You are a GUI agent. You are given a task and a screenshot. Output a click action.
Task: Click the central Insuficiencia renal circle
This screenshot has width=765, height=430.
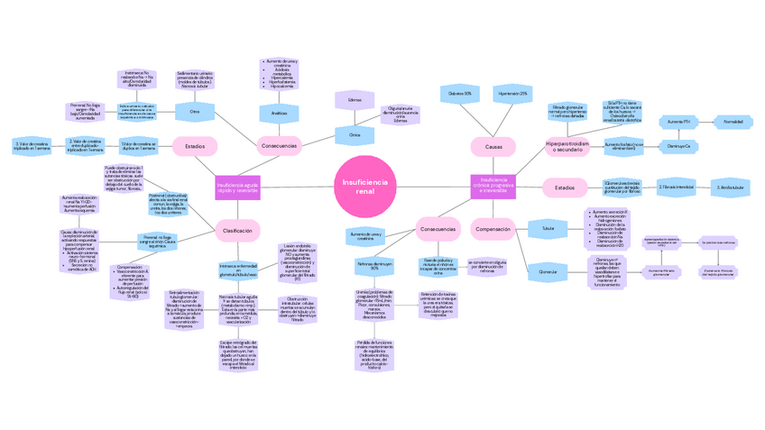[x=364, y=188]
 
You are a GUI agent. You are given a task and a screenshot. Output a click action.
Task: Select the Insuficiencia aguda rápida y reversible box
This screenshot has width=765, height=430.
[x=238, y=188]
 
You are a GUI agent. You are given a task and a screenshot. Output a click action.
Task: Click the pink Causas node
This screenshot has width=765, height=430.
[x=493, y=147]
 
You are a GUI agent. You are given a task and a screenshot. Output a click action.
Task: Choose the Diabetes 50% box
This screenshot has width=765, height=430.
[x=460, y=94]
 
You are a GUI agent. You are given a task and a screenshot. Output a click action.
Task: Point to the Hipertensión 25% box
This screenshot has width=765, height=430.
[x=512, y=94]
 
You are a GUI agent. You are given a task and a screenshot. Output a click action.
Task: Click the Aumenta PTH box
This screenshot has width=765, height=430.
[x=679, y=122]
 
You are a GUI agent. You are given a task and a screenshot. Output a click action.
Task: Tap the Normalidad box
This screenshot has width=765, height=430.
[x=733, y=122]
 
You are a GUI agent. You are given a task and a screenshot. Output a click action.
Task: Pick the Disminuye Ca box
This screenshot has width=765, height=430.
[x=679, y=146]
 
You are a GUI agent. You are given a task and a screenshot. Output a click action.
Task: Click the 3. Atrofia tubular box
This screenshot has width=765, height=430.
[x=730, y=188]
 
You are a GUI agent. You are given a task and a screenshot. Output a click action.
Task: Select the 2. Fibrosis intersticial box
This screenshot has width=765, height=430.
[x=677, y=188]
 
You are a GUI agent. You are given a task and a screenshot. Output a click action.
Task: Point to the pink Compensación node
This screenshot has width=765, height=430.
[x=493, y=229]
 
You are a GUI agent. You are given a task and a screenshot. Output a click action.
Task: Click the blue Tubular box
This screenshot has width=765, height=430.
[x=548, y=229]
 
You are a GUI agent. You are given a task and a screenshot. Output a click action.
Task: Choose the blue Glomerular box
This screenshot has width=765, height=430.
[x=548, y=270]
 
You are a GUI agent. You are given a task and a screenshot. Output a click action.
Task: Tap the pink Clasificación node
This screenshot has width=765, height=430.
[x=238, y=232]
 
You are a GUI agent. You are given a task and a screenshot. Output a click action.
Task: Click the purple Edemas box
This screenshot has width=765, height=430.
[x=355, y=100]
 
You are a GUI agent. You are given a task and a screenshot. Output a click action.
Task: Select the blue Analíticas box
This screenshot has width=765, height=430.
[x=280, y=114]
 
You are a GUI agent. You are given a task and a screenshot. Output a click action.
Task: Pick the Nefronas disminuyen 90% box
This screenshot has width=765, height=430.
[x=368, y=268]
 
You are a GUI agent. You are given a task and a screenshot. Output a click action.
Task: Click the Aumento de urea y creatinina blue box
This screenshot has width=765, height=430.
[x=365, y=236]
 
